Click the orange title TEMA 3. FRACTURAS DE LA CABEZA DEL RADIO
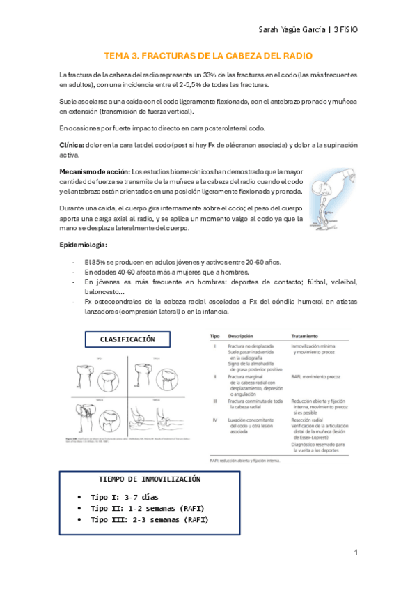208,56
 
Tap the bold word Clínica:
74,144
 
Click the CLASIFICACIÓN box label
127,339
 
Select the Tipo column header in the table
215,335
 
